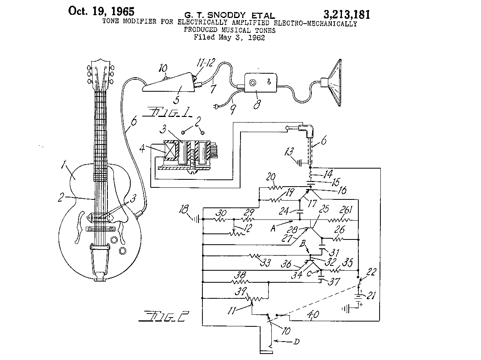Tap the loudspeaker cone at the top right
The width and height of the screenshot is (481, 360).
pos(333,83)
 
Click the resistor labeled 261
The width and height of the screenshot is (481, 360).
pos(340,220)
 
